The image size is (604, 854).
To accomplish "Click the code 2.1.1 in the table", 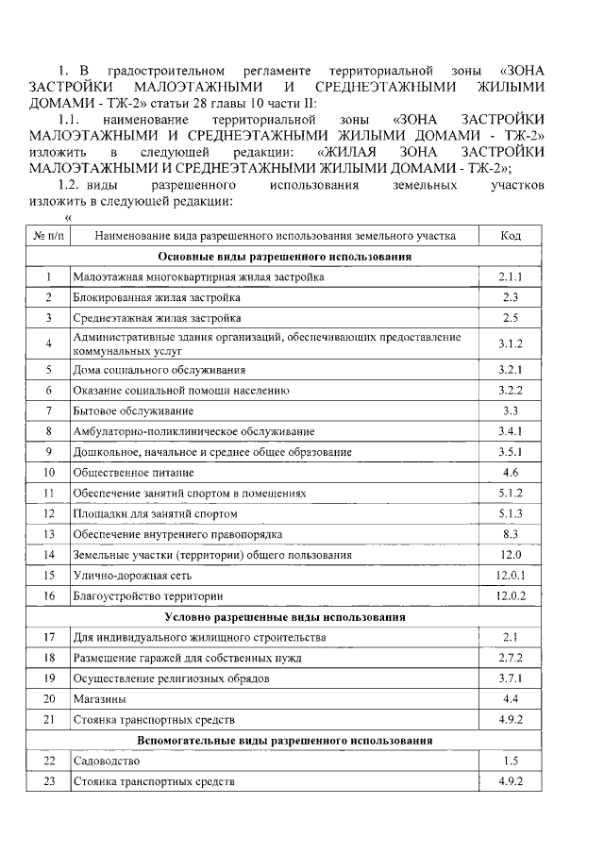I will (x=511, y=277).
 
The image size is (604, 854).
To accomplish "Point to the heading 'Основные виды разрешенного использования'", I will (x=284, y=257).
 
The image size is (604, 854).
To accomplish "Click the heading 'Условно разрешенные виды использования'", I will (x=284, y=617).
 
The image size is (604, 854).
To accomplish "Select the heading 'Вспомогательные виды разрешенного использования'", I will (x=284, y=740).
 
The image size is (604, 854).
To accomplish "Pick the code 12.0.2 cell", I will (x=511, y=596).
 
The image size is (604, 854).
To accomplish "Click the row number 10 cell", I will (x=48, y=472).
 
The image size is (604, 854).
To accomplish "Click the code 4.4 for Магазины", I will (x=511, y=699).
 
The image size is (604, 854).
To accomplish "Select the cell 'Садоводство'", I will (x=107, y=761).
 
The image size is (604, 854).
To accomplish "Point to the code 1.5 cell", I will (x=511, y=761).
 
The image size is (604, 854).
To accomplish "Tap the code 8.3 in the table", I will (x=511, y=534).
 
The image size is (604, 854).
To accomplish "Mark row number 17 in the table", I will (x=48, y=638).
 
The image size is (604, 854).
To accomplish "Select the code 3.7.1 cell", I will (x=511, y=678).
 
